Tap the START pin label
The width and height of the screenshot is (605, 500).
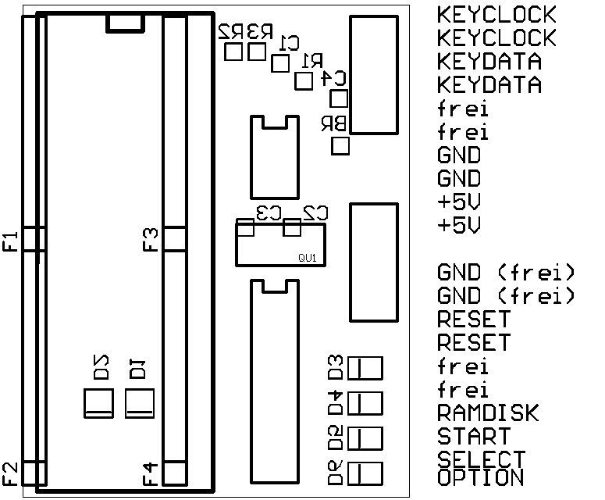point(474,436)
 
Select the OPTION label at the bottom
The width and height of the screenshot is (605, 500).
point(480,477)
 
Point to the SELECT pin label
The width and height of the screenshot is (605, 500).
point(481,459)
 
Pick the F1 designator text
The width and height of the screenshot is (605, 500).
point(11,241)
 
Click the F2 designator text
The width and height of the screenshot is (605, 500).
point(11,472)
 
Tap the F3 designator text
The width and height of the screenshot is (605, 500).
point(151,239)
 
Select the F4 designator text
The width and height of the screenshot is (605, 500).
point(151,473)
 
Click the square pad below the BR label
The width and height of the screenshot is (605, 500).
point(340,146)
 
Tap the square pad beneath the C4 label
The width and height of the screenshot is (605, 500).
point(340,98)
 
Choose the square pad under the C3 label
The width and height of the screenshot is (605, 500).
point(246,228)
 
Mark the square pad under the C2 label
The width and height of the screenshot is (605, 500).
point(293,228)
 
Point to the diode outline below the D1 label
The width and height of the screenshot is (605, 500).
point(141,403)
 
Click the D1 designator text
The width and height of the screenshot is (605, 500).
point(138,368)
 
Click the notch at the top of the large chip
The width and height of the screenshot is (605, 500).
point(126,23)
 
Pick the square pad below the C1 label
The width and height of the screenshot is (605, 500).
point(279,62)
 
